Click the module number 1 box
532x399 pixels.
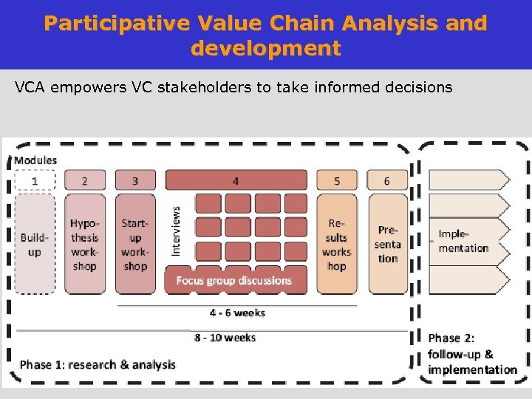coord(35,180)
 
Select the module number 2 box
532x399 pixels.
coord(84,180)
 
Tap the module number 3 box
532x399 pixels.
coord(135,180)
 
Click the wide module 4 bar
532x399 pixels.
coord(236,180)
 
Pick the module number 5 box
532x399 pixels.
coord(337,180)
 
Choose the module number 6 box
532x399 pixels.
coord(386,180)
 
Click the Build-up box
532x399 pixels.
coord(35,244)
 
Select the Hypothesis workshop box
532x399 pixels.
coord(84,244)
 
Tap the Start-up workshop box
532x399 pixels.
coord(135,244)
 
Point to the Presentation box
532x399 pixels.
coord(387,244)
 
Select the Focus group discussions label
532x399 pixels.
coord(234,281)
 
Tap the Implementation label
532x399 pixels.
coord(463,241)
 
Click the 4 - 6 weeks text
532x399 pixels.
coord(237,313)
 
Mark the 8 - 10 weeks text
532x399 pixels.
coord(225,338)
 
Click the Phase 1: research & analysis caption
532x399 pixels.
coord(98,364)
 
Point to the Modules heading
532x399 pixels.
coord(35,160)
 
